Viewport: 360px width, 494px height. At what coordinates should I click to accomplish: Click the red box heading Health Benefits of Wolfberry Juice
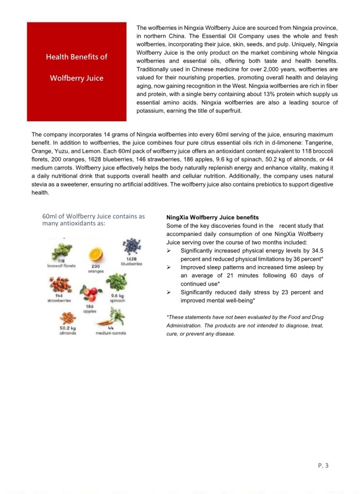[x=77, y=67]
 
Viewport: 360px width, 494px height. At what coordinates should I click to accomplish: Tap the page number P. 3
[x=323, y=466]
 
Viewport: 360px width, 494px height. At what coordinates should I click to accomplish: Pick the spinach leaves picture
[x=117, y=282]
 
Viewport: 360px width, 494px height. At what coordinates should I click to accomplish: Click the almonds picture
[x=67, y=318]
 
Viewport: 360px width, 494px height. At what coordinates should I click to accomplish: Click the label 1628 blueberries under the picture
[x=131, y=261]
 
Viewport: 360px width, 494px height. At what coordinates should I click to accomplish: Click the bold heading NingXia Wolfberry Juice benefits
[x=212, y=217]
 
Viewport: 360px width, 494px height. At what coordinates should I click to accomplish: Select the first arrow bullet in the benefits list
[x=169, y=251]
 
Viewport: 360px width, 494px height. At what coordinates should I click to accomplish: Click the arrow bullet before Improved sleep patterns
[x=169, y=267]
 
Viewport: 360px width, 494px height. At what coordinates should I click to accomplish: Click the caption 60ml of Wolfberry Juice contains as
[x=94, y=216]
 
